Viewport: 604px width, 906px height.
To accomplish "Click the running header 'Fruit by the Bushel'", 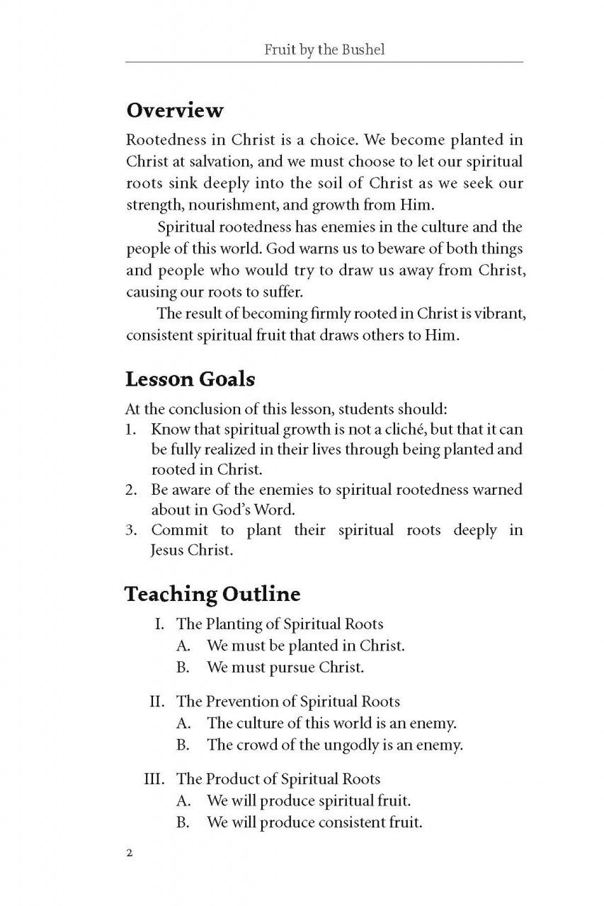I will click(324, 50).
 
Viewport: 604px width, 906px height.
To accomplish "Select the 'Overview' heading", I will click(174, 111).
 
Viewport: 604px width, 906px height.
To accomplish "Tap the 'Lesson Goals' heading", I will click(190, 379).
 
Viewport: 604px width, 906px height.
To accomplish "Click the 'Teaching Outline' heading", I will click(212, 595).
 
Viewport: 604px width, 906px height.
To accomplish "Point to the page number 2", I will click(129, 853).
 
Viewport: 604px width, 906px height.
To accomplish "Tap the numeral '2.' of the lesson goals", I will click(131, 489).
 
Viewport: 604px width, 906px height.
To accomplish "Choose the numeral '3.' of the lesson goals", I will click(131, 530).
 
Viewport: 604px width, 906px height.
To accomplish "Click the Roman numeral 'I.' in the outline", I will click(162, 624).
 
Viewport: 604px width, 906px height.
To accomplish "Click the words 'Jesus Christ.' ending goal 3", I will click(191, 550).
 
